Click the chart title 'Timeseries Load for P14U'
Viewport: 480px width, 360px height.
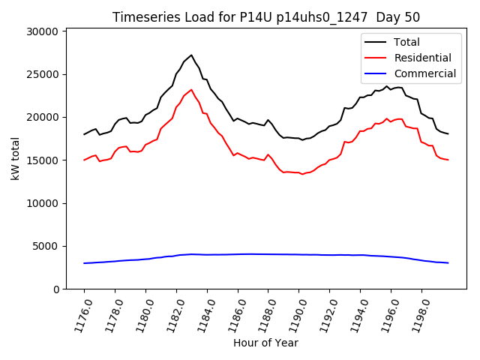(265, 17)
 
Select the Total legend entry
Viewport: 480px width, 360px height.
(406, 42)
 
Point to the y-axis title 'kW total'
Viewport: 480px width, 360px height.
(15, 158)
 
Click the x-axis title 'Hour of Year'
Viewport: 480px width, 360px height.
(265, 343)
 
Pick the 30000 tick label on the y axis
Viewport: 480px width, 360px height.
(42, 31)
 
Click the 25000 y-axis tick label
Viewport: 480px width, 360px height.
(42, 74)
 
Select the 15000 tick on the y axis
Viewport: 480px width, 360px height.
(42, 160)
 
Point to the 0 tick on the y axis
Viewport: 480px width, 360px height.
(55, 289)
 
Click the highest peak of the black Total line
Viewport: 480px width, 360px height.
(191, 55)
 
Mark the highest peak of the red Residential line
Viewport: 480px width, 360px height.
(191, 90)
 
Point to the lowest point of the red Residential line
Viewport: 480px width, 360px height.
(302, 174)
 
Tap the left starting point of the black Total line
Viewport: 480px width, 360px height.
(84, 134)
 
